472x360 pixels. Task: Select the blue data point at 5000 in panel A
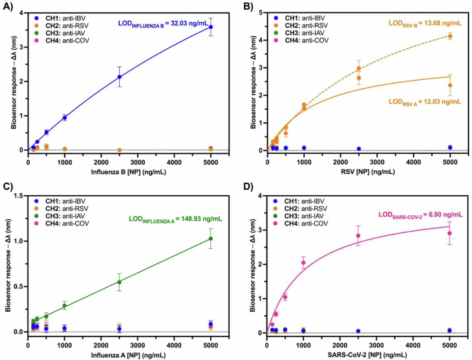pyautogui.click(x=211, y=27)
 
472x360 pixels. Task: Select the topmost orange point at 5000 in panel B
pyautogui.click(x=450, y=36)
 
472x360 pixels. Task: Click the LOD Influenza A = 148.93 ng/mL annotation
pyautogui.click(x=181, y=220)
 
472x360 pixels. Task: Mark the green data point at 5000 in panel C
pyautogui.click(x=211, y=239)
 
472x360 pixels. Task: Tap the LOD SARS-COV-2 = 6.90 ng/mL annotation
pyautogui.click(x=418, y=216)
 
